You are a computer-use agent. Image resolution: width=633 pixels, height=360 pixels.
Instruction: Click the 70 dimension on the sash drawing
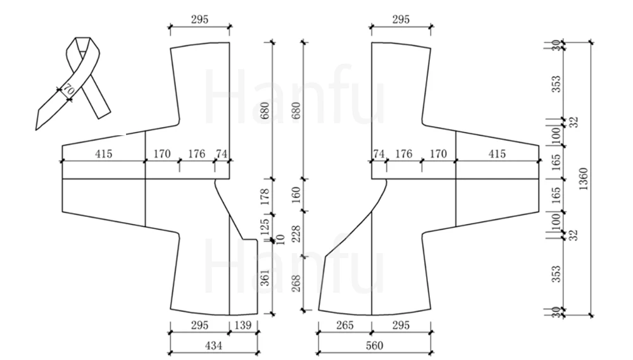(68, 90)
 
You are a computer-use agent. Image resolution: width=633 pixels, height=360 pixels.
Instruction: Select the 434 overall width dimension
(213, 345)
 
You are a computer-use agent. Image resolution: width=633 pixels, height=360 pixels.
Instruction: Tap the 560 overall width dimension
(374, 345)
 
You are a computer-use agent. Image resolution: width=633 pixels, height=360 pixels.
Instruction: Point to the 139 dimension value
(243, 325)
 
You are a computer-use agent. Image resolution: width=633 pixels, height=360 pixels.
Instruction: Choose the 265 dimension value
(345, 325)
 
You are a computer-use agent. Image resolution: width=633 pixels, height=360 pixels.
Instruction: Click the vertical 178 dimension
(265, 197)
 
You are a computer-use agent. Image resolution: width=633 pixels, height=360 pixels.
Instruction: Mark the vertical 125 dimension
(265, 227)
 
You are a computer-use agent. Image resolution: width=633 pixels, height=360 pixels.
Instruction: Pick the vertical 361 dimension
(265, 278)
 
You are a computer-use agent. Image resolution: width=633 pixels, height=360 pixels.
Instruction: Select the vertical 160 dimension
(296, 195)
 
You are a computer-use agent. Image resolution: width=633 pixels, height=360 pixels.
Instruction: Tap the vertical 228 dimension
(296, 233)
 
